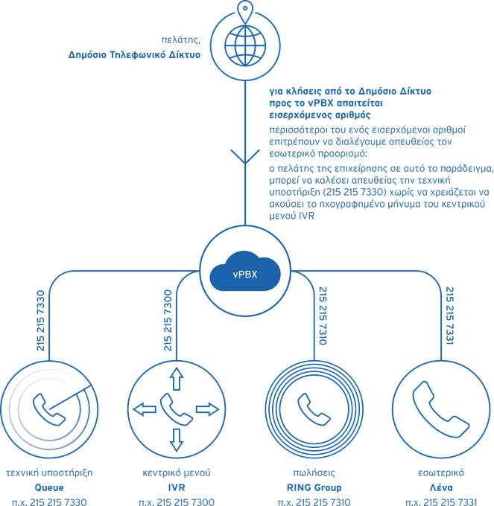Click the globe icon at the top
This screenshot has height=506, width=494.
click(245, 45)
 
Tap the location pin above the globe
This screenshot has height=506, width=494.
click(245, 11)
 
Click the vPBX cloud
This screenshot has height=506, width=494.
click(245, 271)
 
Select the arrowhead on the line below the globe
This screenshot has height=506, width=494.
click(245, 156)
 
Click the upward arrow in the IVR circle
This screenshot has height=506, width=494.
click(177, 379)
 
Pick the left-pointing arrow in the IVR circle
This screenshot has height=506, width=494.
click(145, 409)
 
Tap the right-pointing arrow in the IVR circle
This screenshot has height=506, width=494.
click(207, 409)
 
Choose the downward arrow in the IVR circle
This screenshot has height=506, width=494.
click(177, 440)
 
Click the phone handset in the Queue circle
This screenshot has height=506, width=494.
click(48, 409)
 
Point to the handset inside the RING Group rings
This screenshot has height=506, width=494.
click(314, 409)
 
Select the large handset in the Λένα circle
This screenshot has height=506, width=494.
click(440, 409)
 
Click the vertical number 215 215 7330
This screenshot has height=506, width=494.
click(40, 321)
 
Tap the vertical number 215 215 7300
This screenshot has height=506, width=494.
click(168, 321)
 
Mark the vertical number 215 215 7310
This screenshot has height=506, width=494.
click(323, 316)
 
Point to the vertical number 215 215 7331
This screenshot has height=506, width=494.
click(450, 316)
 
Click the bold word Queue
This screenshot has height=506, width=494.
click(49, 487)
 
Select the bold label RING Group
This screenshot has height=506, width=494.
click(314, 487)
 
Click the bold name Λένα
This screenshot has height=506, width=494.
click(441, 487)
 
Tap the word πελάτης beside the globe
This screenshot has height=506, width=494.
click(181, 39)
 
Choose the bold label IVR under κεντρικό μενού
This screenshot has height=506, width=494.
click(177, 487)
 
